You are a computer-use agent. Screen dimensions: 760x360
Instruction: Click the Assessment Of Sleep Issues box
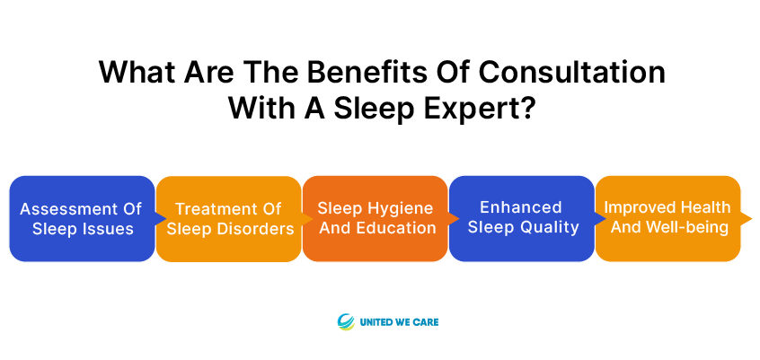click(x=83, y=218)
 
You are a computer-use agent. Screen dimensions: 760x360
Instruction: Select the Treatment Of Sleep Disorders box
click(x=229, y=218)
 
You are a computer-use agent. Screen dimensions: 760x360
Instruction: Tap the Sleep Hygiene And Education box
click(x=376, y=218)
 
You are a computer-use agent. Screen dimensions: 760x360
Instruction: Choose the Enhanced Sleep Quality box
click(x=522, y=218)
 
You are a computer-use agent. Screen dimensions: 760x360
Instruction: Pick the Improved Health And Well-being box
click(x=668, y=218)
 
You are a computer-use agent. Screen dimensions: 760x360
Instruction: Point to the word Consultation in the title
click(x=572, y=73)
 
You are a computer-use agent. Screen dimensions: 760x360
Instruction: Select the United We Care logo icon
click(x=346, y=321)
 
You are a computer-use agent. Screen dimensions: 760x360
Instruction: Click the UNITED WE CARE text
click(x=399, y=321)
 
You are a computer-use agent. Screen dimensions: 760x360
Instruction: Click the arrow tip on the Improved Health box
click(x=751, y=218)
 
